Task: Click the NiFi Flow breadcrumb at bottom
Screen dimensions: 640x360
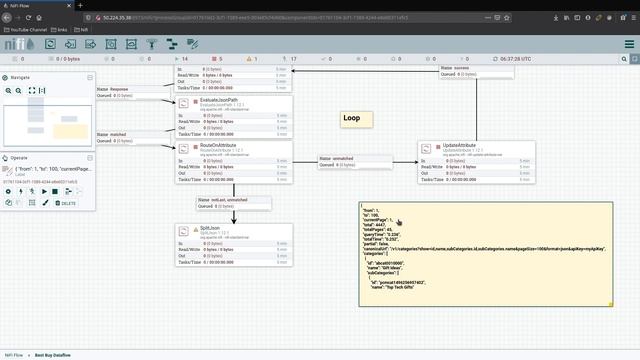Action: point(15,354)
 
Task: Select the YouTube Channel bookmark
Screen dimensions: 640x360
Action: point(27,30)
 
